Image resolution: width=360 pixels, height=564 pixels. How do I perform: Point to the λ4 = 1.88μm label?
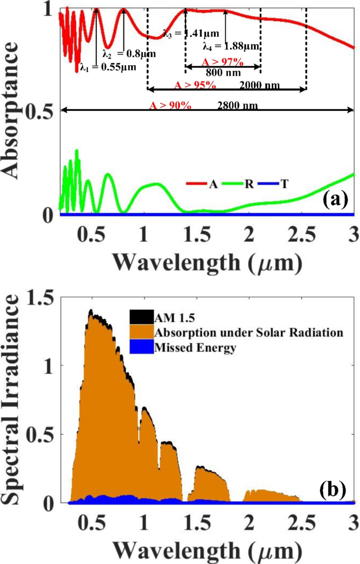coord(231,46)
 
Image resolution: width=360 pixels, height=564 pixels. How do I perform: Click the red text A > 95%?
coord(195,85)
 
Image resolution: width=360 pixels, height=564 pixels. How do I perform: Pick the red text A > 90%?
coord(170,105)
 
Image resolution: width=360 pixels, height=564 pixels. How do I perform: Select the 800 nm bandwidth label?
coord(222,74)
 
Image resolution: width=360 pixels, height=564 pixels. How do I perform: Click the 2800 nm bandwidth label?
coord(237,105)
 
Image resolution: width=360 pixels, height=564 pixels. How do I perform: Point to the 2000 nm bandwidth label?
coord(260,85)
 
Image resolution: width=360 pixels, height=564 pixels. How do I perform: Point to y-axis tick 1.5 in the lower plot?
coord(41,297)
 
